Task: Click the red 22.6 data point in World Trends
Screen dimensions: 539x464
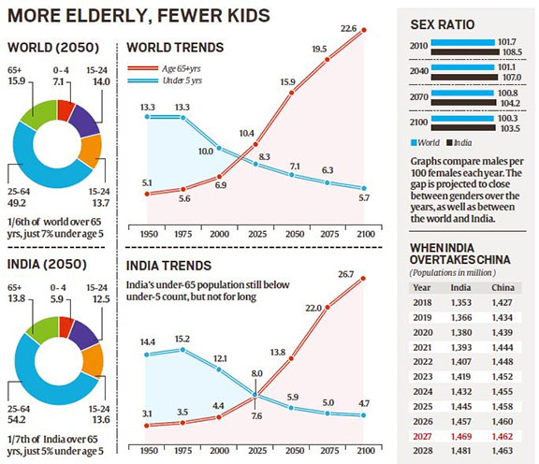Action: (364, 30)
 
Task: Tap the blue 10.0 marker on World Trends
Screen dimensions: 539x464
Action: (219, 148)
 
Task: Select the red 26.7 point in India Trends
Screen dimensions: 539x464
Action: (363, 279)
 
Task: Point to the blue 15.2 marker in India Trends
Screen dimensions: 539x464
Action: (182, 350)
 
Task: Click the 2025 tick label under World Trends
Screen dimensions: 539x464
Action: (257, 234)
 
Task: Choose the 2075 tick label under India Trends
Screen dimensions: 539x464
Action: (329, 450)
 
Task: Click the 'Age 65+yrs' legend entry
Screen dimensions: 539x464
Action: (165, 68)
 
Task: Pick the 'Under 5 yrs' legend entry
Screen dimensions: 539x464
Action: (165, 80)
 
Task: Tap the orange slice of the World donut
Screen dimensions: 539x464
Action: (92, 152)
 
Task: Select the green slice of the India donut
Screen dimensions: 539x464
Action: (43, 326)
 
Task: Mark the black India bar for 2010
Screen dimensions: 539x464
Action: (465, 52)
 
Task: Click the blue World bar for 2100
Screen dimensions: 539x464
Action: (462, 119)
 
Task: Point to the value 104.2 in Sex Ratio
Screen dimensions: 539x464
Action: (511, 103)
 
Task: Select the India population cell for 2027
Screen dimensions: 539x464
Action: (461, 437)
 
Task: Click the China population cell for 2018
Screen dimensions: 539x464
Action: (502, 303)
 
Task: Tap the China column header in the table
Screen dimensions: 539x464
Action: (503, 288)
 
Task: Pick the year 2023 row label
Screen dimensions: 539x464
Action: (423, 377)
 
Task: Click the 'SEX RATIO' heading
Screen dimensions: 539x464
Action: (443, 24)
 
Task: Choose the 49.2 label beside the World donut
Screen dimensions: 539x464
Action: (17, 203)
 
